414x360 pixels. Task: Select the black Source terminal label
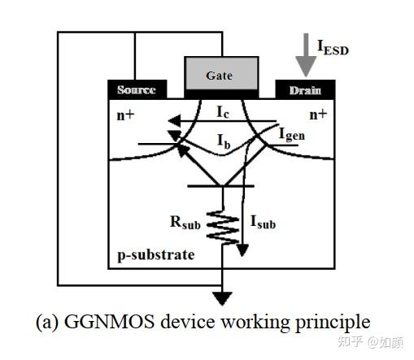point(137,90)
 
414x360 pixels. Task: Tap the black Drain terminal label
point(305,90)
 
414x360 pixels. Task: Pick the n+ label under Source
point(124,115)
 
